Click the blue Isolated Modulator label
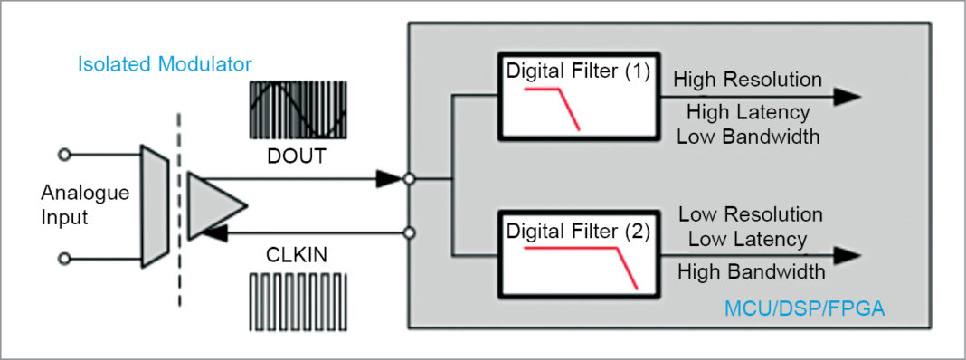(165, 64)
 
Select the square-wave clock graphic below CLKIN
(298, 302)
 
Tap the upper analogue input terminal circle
(63, 156)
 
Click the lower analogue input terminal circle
(63, 259)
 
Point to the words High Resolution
(747, 79)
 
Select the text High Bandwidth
(750, 271)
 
